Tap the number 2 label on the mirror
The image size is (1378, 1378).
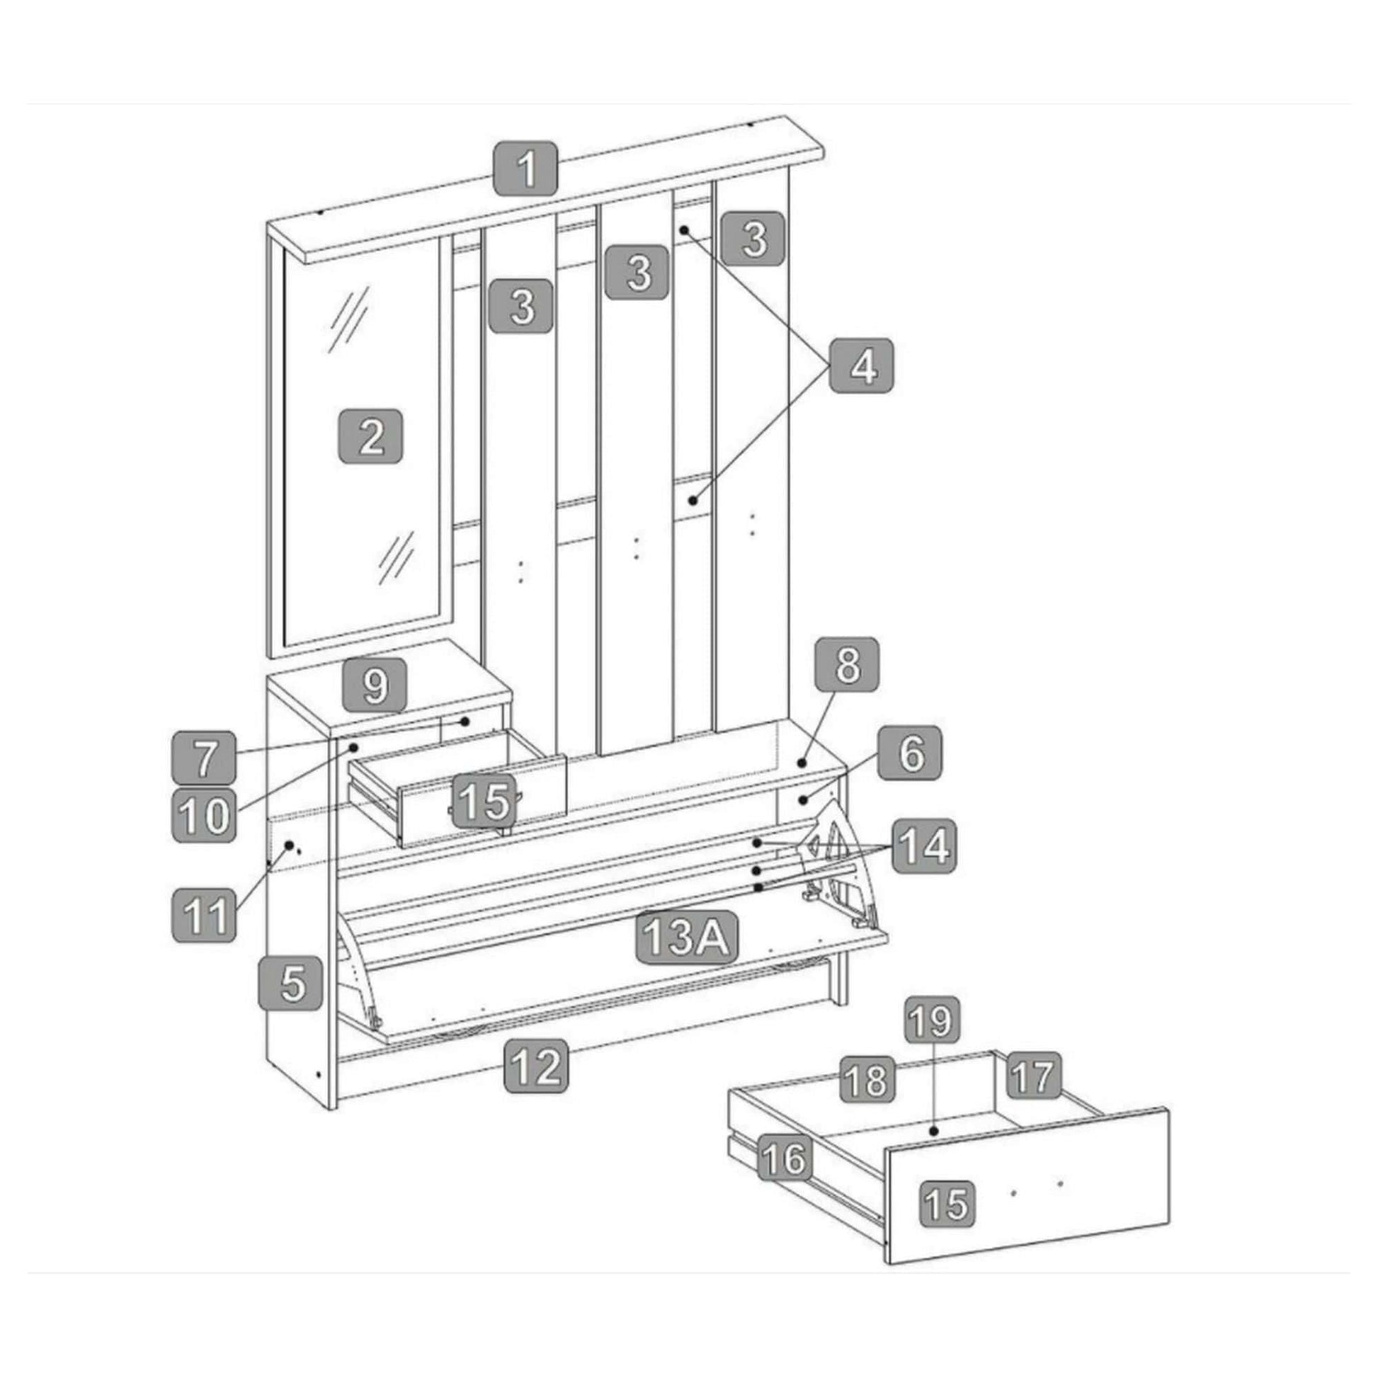click(x=370, y=436)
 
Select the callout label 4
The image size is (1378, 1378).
click(x=862, y=366)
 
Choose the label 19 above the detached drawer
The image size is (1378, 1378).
click(x=932, y=1021)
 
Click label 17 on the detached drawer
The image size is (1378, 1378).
click(x=1035, y=1076)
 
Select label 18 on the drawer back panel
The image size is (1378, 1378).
click(x=867, y=1079)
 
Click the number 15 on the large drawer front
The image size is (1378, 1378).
click(x=948, y=1202)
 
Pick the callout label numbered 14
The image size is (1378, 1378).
click(x=925, y=847)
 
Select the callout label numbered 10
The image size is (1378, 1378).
click(x=203, y=816)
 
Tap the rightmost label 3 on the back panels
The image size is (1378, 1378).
click(x=753, y=238)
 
